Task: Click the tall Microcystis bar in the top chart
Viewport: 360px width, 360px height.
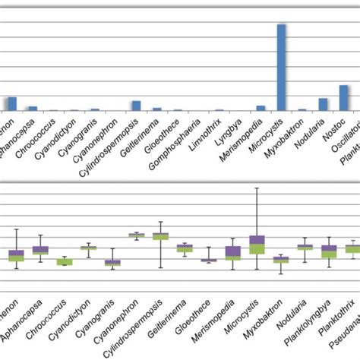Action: [281, 68]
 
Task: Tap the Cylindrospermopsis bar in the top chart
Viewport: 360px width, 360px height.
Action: [136, 106]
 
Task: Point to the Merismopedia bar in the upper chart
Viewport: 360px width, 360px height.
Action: [261, 109]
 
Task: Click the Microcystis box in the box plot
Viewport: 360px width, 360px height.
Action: [257, 245]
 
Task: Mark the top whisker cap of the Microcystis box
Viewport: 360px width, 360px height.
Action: [257, 188]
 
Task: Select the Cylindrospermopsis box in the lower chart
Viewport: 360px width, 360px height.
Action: [160, 236]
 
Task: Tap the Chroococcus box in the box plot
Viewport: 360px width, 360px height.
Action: [65, 262]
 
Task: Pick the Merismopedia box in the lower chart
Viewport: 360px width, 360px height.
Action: [233, 253]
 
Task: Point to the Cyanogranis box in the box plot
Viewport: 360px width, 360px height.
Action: [112, 263]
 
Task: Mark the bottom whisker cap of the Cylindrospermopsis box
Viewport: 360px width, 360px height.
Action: [160, 267]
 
